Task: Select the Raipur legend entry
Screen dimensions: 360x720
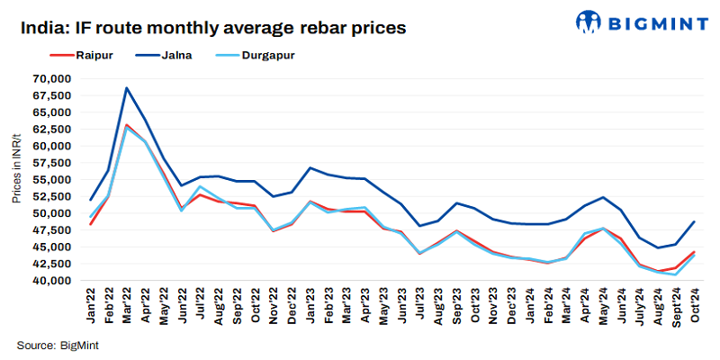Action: point(66,56)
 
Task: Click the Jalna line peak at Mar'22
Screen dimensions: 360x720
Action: point(127,88)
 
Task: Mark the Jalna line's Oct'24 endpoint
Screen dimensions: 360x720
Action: point(693,221)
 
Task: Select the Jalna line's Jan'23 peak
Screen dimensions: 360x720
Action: point(310,168)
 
